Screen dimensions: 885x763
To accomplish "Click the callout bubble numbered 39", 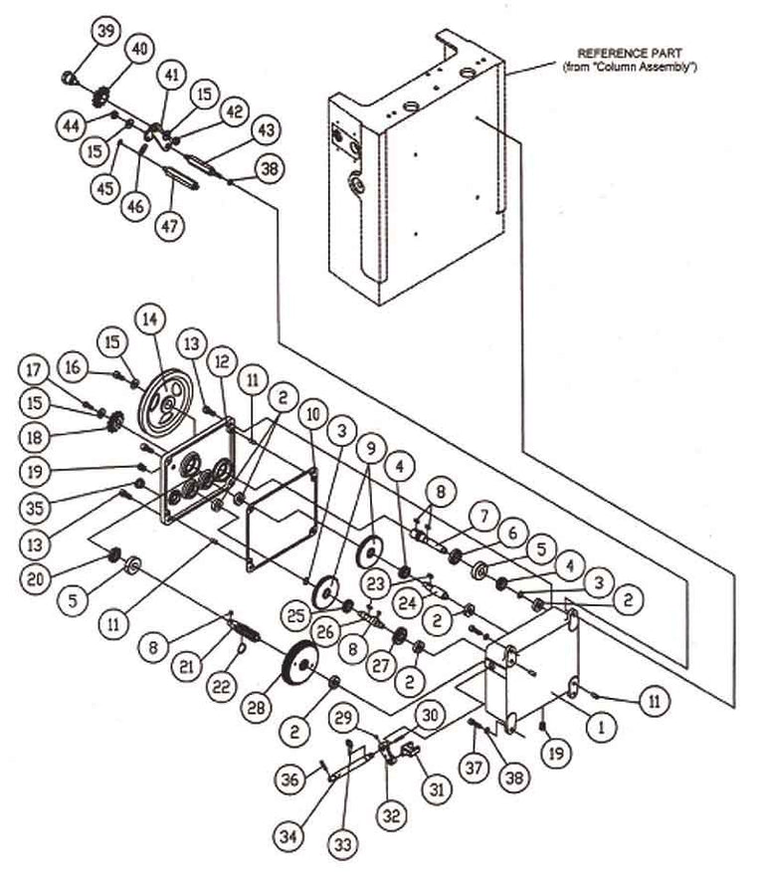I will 106,32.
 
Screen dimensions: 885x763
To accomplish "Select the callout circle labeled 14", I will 151,321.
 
